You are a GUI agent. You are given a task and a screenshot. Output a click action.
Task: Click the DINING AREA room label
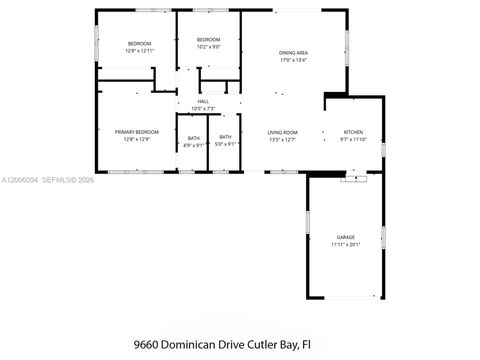[293, 52]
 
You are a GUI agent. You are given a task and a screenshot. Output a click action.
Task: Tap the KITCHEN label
[354, 132]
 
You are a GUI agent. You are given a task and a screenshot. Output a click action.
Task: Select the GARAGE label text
[344, 237]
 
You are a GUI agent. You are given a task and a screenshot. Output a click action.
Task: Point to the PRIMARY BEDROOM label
[137, 132]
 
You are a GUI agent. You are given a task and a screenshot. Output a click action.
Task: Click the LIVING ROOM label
[282, 132]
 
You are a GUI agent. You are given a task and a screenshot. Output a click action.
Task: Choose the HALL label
[203, 101]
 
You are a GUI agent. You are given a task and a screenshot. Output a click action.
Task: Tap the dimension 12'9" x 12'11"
[139, 50]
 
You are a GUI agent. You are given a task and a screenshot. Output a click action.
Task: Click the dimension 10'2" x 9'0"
[208, 46]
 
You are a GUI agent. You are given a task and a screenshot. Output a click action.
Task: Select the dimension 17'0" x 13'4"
[293, 60]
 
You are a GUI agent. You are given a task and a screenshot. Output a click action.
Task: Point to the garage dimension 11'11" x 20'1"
[344, 244]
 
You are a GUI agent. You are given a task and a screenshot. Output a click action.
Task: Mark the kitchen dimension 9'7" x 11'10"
[354, 139]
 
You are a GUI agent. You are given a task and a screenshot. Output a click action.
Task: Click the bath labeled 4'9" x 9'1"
[193, 144]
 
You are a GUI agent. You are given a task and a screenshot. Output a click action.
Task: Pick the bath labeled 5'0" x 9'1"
[225, 144]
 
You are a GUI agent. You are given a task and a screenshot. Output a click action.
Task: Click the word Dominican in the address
[202, 343]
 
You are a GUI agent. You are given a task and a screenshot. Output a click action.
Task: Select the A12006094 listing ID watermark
[22, 180]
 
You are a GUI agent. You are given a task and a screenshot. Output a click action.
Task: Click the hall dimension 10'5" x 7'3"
[203, 108]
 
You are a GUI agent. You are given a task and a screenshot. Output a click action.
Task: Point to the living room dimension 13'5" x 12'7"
[282, 139]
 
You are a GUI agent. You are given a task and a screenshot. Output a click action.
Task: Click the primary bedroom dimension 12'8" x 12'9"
[137, 139]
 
